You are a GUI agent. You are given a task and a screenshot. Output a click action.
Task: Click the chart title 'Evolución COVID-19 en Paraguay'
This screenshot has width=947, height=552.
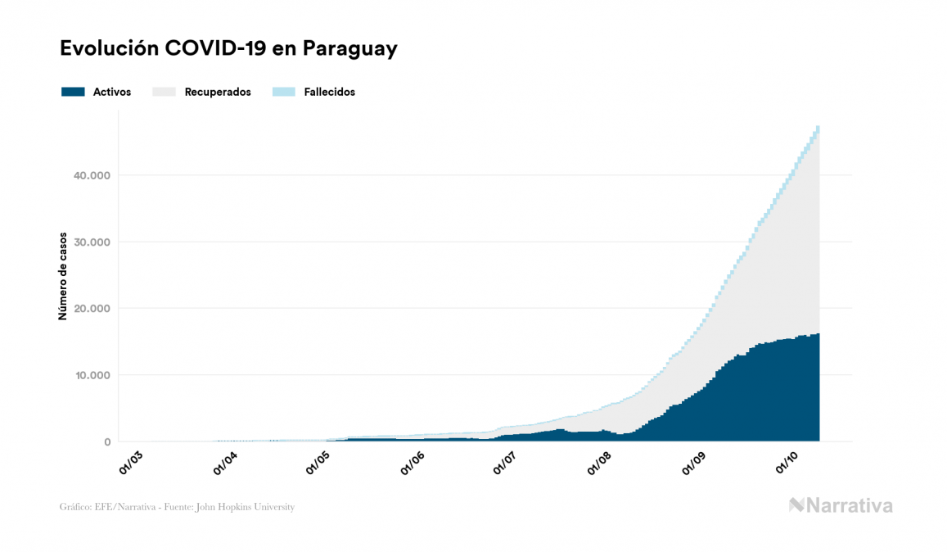228,48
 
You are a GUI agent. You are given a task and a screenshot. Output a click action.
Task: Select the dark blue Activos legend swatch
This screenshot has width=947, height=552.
73,92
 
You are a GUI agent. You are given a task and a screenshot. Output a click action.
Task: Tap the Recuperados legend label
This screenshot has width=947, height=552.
217,92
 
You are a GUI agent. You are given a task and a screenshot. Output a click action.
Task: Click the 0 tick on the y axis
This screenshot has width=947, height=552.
106,442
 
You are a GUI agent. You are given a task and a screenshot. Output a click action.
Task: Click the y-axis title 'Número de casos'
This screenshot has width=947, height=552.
62,276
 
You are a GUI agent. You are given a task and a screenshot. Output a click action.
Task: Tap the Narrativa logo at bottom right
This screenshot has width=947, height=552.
840,505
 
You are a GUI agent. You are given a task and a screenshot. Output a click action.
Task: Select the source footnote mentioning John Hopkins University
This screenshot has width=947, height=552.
177,507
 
